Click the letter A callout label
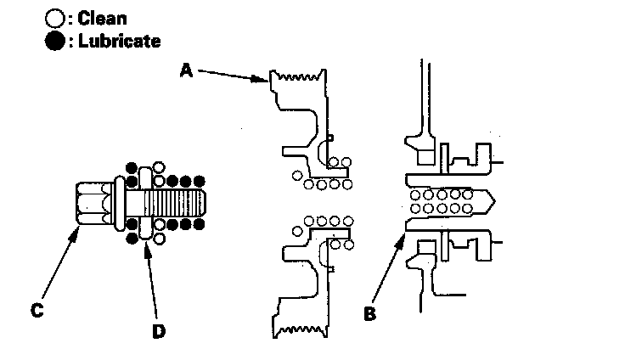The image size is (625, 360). (187, 71)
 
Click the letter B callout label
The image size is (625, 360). (369, 313)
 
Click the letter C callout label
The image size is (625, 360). (36, 312)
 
